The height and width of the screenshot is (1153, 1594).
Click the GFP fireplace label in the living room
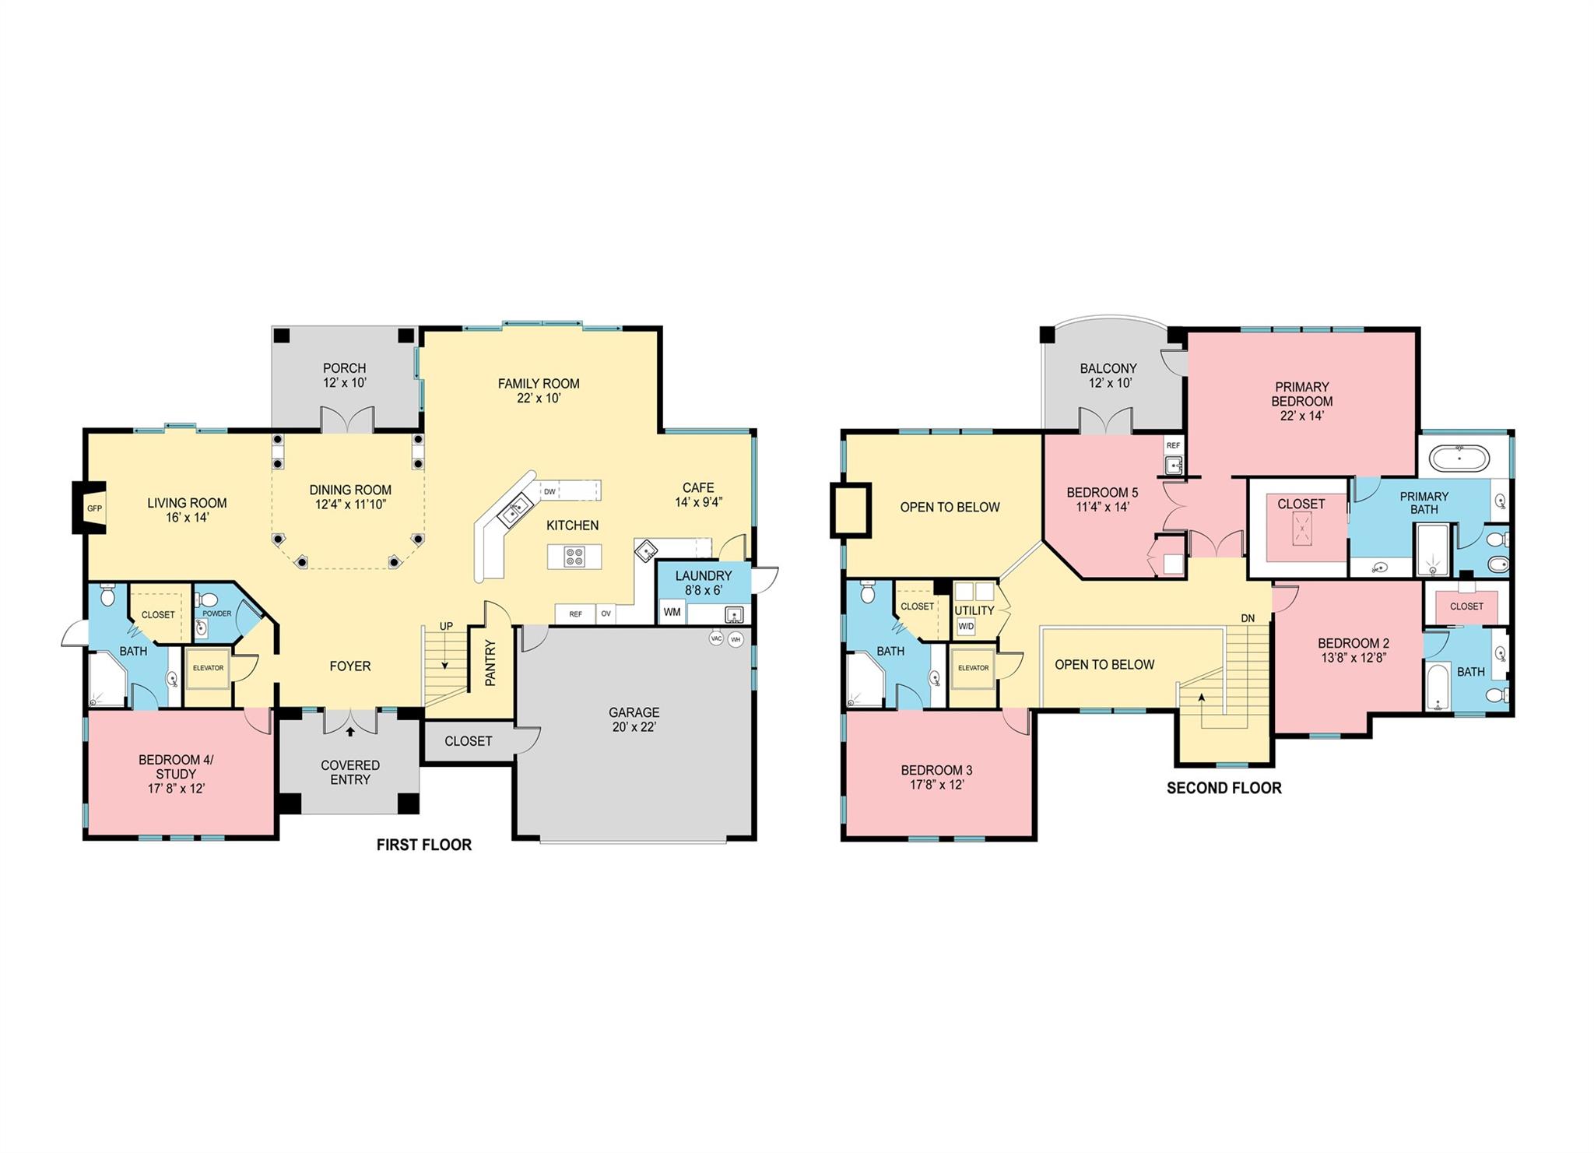[94, 508]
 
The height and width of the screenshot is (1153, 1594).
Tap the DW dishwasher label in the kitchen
[549, 491]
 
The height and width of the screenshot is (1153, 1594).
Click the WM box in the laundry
[672, 612]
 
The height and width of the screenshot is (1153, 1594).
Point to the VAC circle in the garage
[717, 638]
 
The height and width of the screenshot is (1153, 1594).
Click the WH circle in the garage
[736, 639]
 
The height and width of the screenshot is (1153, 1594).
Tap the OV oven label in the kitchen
[606, 614]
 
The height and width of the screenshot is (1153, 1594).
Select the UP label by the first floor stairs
[446, 626]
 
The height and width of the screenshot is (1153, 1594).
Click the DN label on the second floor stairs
[1248, 618]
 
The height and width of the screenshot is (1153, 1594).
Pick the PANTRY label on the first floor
[490, 663]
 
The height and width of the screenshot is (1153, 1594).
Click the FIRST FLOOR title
[424, 845]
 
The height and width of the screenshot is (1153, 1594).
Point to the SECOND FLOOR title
[1224, 788]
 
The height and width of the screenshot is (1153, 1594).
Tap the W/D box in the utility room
[966, 626]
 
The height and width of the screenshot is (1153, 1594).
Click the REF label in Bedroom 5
[1174, 445]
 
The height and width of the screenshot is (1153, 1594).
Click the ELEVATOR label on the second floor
[973, 667]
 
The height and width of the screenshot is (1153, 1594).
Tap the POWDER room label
[217, 613]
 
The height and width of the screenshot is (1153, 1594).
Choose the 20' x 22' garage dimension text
[634, 727]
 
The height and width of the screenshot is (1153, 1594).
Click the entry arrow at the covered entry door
[350, 731]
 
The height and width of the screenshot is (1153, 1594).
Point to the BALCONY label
[1108, 368]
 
